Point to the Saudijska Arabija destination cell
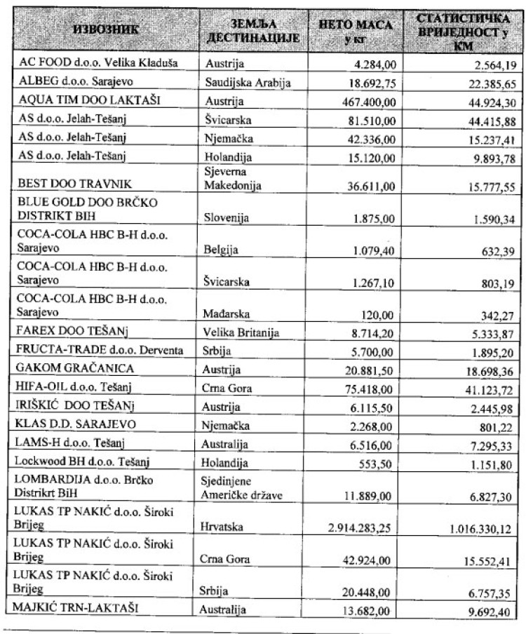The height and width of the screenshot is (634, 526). (x=248, y=83)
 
